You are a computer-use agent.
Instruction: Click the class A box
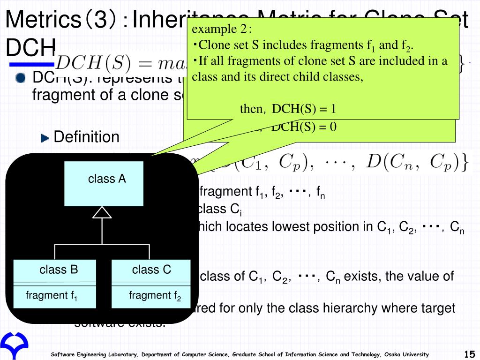104,183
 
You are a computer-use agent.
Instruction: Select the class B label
59,270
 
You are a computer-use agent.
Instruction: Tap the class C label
151,270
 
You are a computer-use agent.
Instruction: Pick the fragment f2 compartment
155,296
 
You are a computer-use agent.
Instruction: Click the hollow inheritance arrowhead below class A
102,213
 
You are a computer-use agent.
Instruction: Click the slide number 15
469,354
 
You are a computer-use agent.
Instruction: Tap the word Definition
87,137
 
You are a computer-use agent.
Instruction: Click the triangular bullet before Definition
45,138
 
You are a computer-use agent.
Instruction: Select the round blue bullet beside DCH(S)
20,79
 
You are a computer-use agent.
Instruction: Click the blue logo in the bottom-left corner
14,346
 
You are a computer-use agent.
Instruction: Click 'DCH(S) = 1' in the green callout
304,109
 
